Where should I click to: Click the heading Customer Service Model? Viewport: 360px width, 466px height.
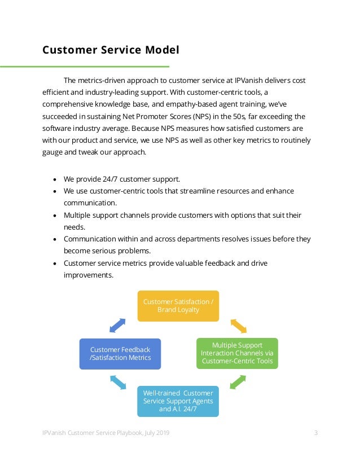click(111, 50)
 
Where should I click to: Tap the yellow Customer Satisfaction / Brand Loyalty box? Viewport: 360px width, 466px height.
click(178, 306)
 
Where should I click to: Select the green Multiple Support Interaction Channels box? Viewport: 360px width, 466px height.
click(237, 353)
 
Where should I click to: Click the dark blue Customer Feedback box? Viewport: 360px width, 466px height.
click(120, 354)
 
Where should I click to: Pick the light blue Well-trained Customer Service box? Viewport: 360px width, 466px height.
click(178, 401)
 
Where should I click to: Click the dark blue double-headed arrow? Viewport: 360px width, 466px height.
click(117, 325)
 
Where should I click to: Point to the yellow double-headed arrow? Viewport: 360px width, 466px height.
click(239, 326)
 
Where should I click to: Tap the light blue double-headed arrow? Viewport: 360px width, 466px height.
click(118, 383)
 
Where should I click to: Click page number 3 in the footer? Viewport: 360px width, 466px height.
click(316, 433)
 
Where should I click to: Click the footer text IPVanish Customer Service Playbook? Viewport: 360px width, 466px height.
click(106, 433)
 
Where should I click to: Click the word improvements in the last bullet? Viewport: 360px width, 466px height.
click(89, 275)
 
